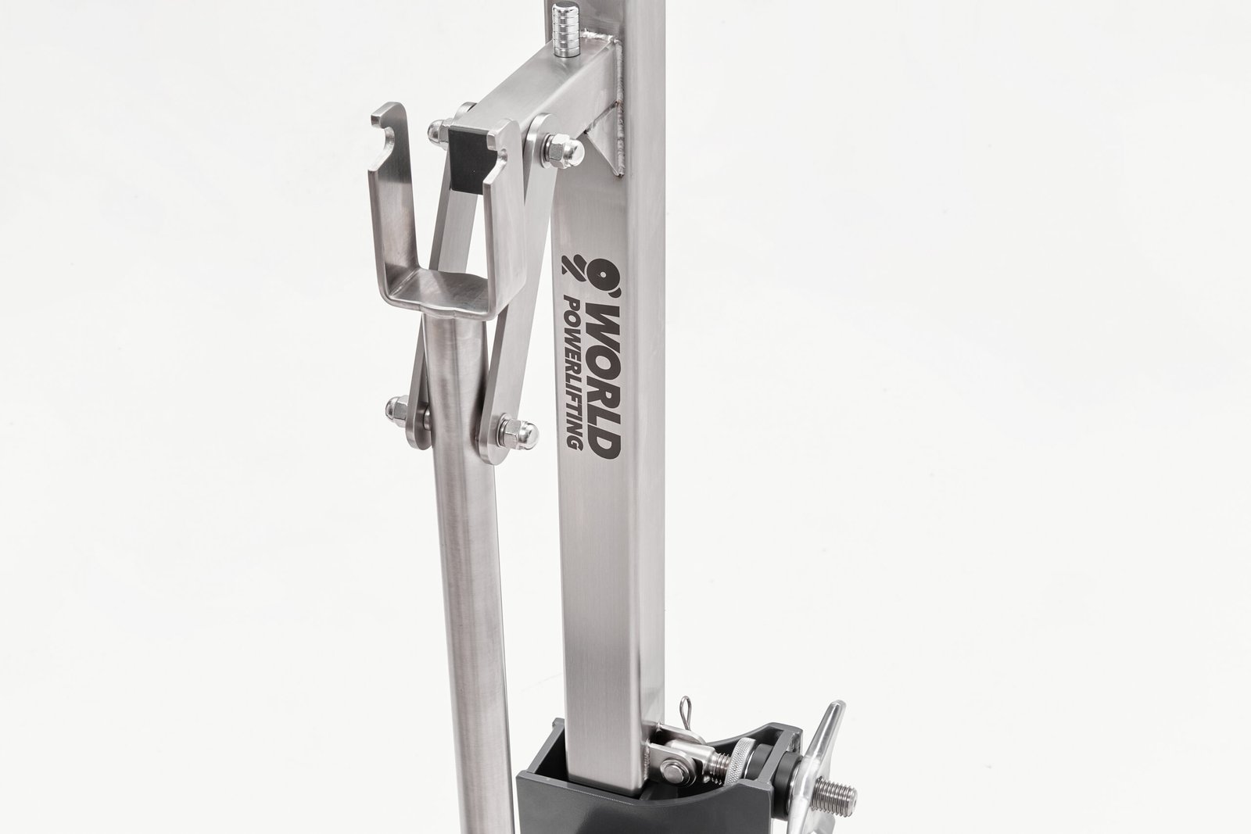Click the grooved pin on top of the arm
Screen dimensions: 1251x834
pos(564,30)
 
